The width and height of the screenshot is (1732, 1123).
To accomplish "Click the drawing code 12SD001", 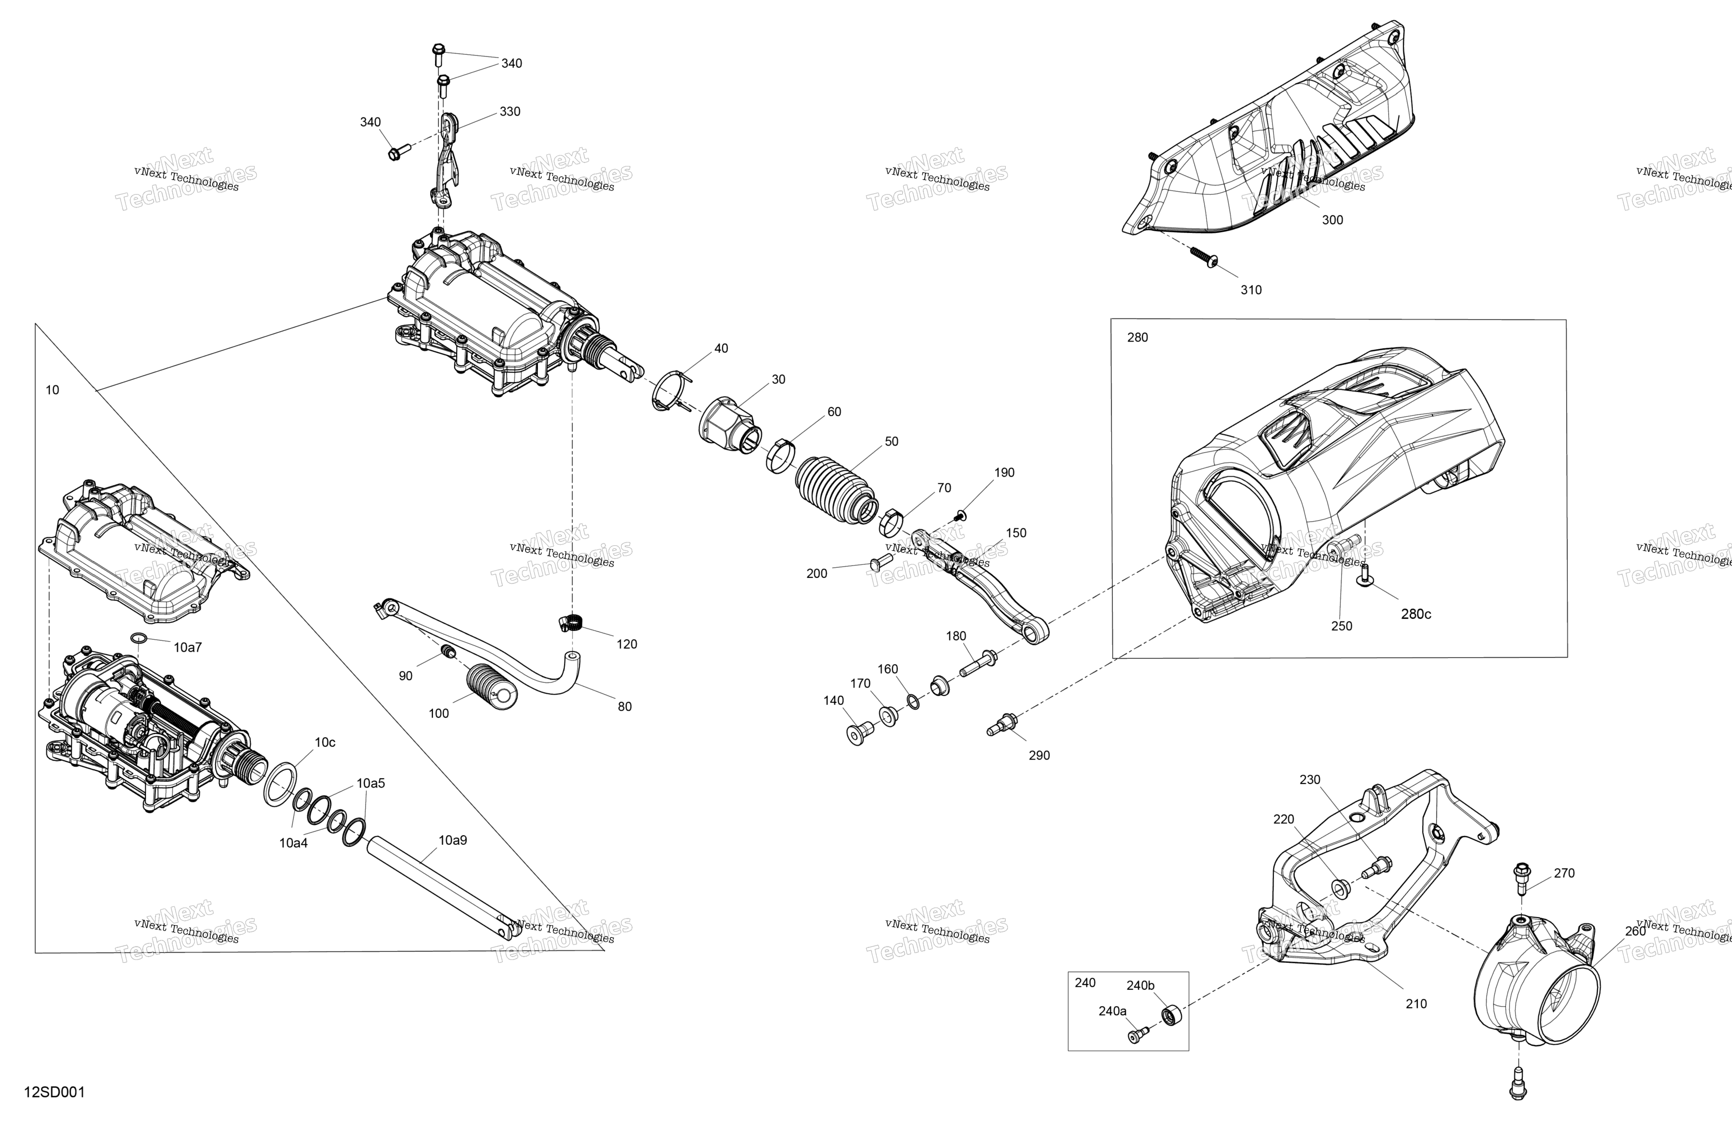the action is pos(54,1092).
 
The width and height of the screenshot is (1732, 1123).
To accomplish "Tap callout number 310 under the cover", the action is pos(1251,290).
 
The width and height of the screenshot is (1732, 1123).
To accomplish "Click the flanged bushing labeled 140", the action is pos(857,734).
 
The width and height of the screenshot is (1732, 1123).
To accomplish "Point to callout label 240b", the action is pos(1140,986).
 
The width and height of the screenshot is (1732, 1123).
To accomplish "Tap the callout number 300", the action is pos(1333,220).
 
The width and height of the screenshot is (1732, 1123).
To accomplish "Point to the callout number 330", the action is pos(510,111).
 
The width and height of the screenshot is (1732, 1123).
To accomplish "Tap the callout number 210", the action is pos(1416,1004).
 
